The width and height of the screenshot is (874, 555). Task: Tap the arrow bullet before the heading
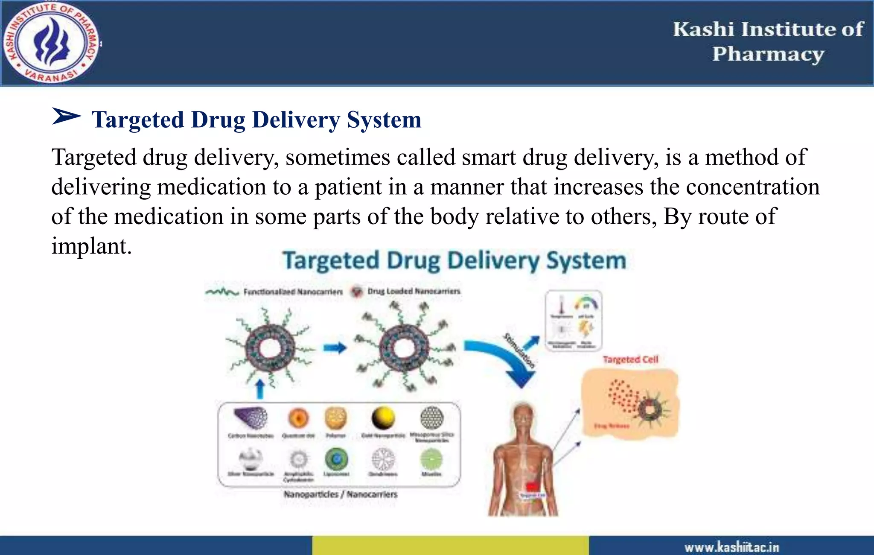[x=66, y=116]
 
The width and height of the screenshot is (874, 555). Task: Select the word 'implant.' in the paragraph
[x=91, y=246]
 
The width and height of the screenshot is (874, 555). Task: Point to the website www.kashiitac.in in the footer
[x=731, y=547]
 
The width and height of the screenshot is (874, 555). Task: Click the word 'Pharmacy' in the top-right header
[x=768, y=54]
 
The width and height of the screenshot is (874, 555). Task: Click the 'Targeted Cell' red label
[x=630, y=359]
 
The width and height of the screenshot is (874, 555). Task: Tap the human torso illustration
[x=523, y=461]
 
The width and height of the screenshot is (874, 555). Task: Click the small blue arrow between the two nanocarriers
[x=335, y=348]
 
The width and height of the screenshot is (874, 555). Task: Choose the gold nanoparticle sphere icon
[x=383, y=418]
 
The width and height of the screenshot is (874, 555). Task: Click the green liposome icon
[x=336, y=459]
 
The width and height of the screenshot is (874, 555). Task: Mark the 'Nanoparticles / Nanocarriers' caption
[x=340, y=494]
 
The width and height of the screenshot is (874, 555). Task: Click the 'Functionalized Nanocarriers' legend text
[x=293, y=292]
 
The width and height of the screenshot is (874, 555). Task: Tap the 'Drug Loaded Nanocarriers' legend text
[x=414, y=291]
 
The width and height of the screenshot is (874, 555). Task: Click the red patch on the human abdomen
[x=532, y=487]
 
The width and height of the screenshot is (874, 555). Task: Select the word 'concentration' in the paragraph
[x=753, y=187]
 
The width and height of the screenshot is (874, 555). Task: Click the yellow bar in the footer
[x=450, y=546]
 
